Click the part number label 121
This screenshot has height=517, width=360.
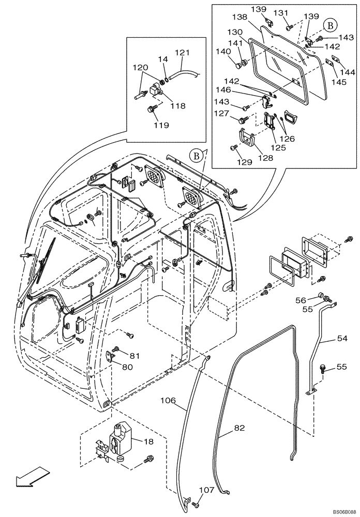182,53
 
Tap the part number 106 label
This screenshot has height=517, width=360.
169,400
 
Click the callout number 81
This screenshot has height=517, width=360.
134,356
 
